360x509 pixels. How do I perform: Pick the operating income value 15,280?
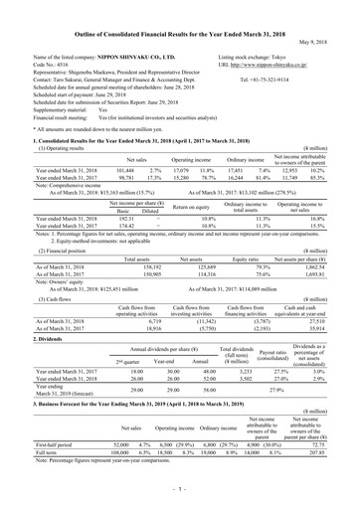click(x=162, y=151)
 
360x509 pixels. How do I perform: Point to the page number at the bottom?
click(x=180, y=491)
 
